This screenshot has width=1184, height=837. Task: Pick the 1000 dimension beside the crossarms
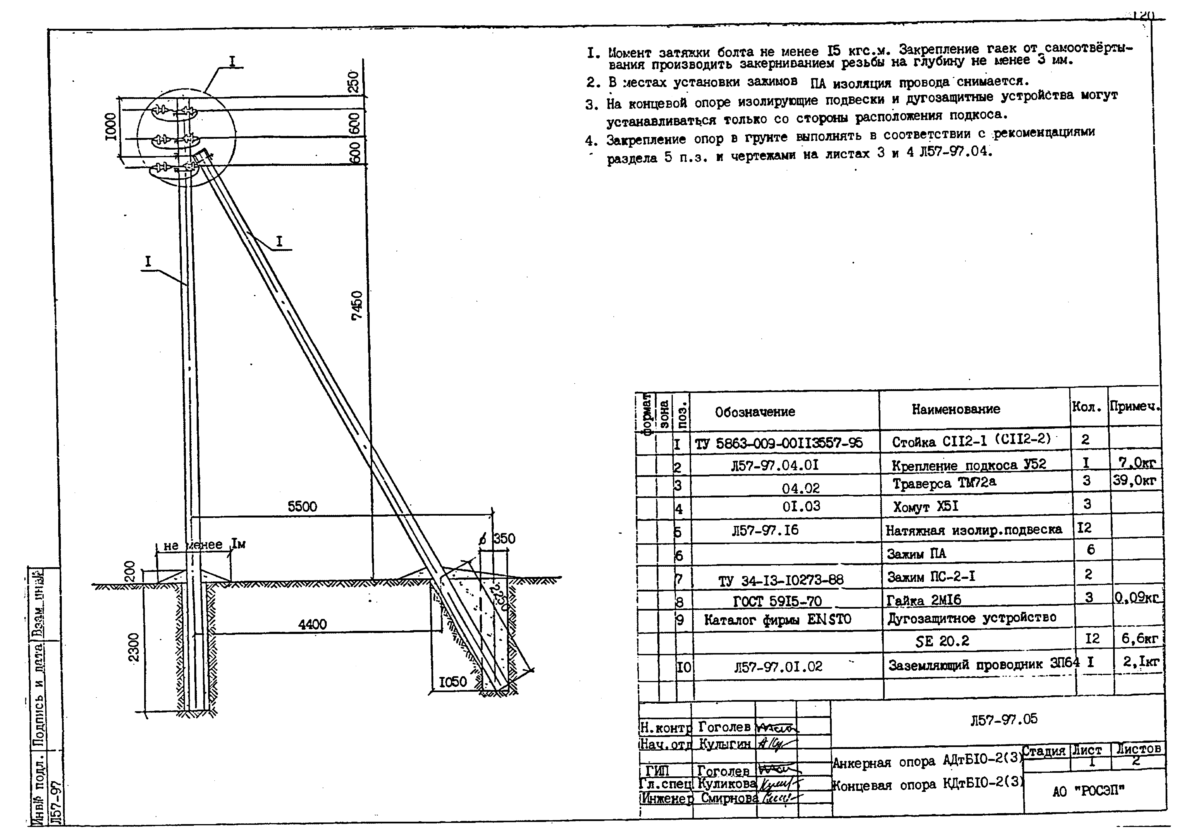click(110, 126)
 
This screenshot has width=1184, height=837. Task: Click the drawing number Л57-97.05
click(1004, 719)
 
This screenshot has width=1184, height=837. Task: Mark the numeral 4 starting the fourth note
click(590, 141)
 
